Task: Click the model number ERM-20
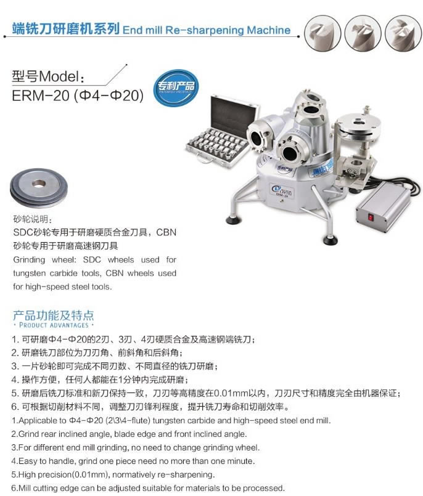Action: click(41, 96)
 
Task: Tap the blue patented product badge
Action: click(176, 88)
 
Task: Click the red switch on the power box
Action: click(371, 218)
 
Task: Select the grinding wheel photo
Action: click(39, 188)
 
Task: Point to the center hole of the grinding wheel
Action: click(39, 184)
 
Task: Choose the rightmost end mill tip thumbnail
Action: click(403, 33)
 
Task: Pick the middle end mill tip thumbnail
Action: click(363, 33)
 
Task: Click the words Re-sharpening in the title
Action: click(205, 30)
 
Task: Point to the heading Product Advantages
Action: click(54, 325)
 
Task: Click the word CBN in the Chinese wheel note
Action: click(166, 232)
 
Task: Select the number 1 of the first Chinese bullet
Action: click(14, 339)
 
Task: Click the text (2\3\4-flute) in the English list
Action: click(129, 420)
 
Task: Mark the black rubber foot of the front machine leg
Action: click(331, 240)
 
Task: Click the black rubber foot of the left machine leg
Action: click(233, 220)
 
